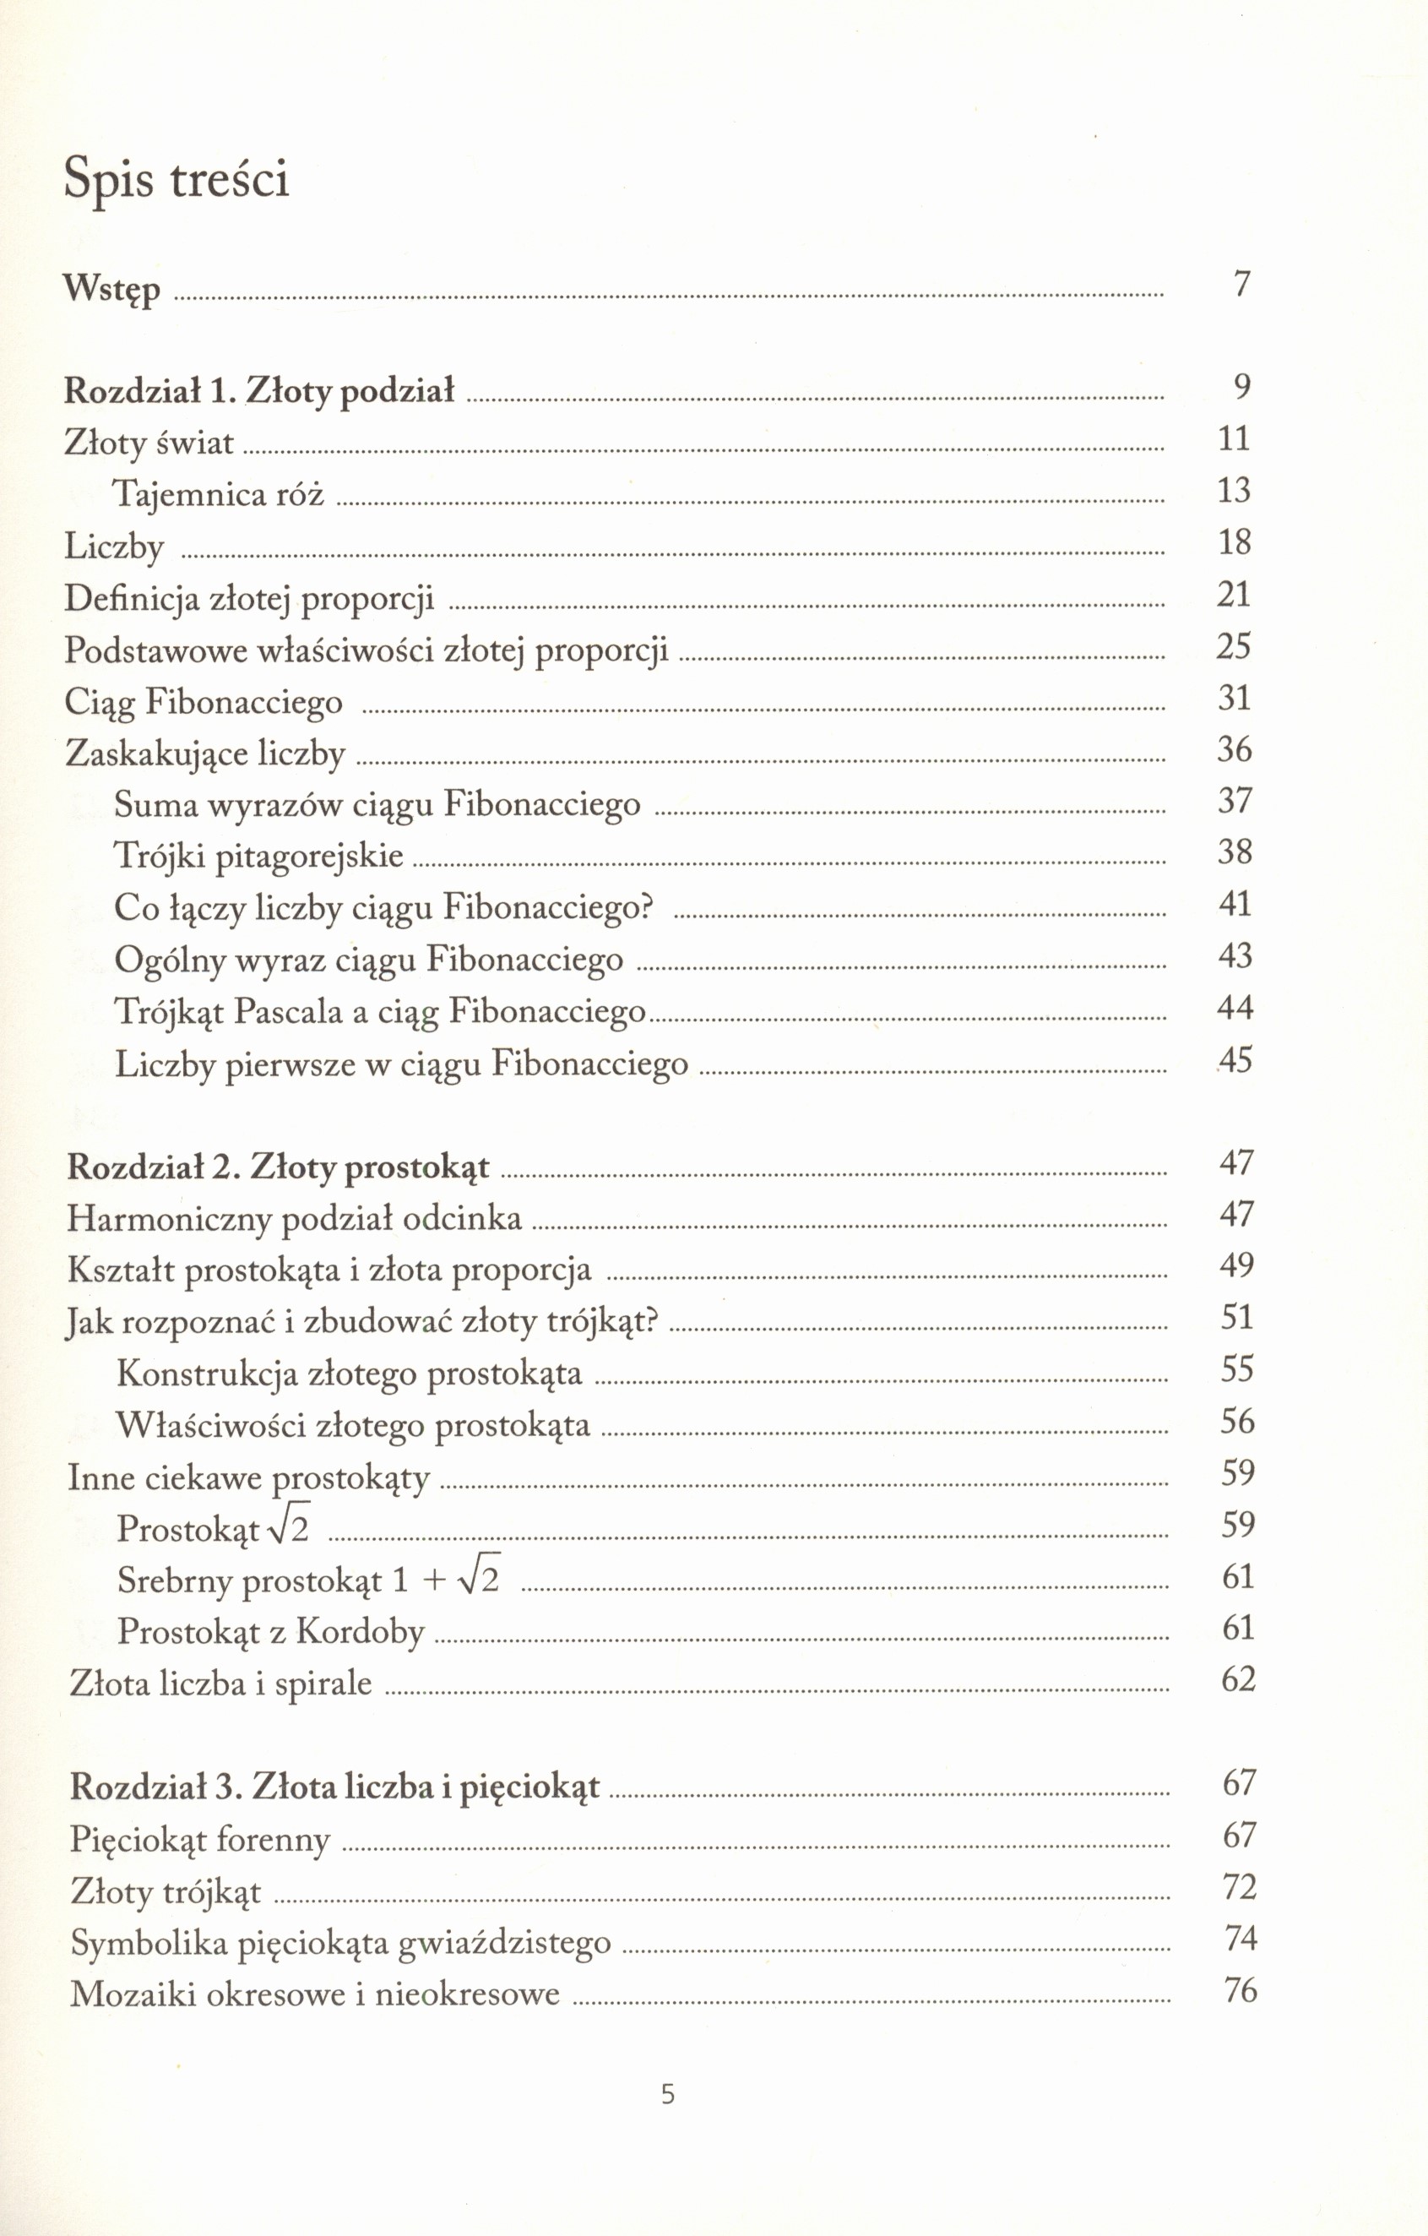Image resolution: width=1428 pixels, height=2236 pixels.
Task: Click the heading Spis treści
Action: [176, 179]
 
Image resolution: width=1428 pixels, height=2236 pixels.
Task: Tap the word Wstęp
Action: [111, 291]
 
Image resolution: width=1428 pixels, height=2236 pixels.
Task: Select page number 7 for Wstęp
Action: [1241, 284]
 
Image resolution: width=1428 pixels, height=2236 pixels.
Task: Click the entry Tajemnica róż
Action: [218, 494]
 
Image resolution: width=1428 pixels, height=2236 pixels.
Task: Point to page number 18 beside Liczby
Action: [1235, 542]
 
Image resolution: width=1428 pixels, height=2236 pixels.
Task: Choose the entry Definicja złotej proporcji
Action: [249, 599]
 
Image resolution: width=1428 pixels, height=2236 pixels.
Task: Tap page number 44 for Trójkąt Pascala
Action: [1235, 1008]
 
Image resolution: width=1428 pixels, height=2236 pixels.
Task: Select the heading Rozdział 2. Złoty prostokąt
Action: [278, 1167]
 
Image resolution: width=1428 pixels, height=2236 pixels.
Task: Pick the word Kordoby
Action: [361, 1632]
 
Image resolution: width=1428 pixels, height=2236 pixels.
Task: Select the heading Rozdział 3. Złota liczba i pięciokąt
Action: [334, 1787]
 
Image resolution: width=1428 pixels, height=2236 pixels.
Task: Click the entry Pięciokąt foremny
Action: [199, 1840]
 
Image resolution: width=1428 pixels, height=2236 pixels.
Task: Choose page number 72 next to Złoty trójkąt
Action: [1241, 1888]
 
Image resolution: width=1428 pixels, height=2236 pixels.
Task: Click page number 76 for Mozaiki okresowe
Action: [1241, 1991]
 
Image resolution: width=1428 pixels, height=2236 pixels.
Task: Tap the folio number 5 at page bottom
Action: [668, 2114]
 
